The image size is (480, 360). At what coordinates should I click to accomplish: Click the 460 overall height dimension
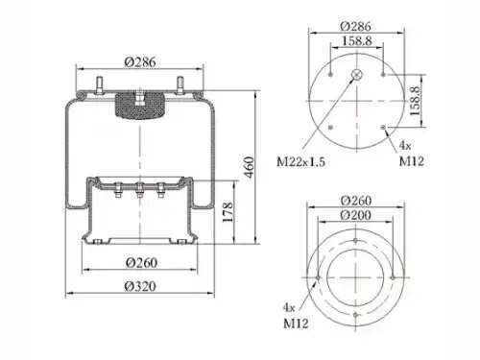(x=250, y=167)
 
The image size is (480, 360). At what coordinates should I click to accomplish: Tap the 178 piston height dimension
(x=228, y=212)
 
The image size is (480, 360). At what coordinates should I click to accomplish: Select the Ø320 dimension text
(x=140, y=286)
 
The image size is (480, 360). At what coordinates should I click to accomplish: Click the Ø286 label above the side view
(x=140, y=61)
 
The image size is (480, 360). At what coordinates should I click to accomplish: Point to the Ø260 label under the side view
(x=141, y=263)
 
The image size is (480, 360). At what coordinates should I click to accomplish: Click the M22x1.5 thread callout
(x=300, y=162)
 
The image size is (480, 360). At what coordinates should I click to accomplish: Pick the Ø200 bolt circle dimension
(x=355, y=215)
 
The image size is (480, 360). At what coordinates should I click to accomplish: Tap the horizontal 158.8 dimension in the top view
(x=357, y=41)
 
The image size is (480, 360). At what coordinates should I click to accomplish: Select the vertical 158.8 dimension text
(x=415, y=101)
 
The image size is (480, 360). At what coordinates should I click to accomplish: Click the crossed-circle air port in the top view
(x=356, y=75)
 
